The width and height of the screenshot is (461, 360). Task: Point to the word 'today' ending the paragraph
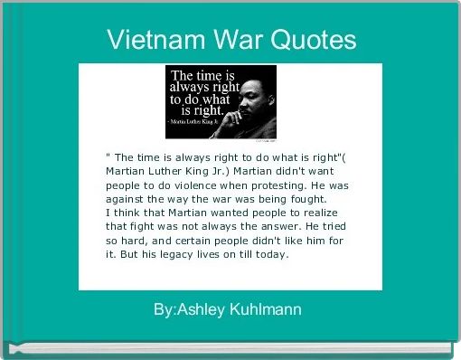272,254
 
